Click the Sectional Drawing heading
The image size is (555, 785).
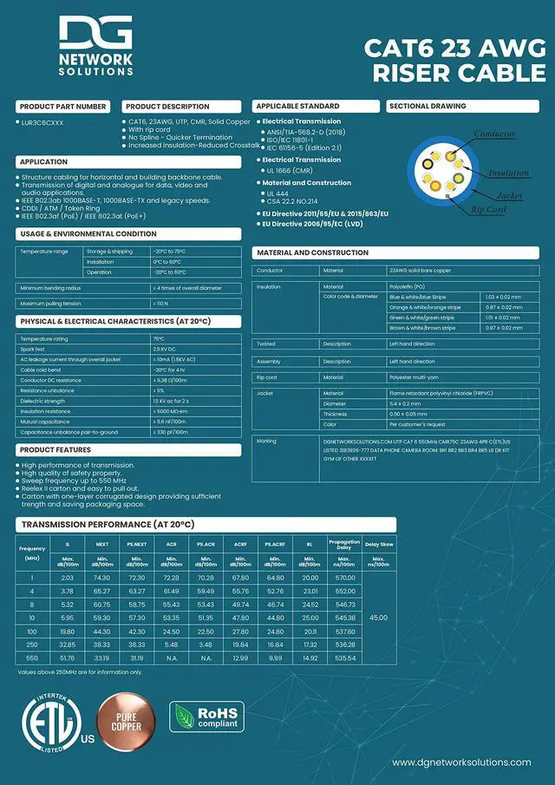(x=428, y=106)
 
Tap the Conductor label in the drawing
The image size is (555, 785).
(x=494, y=134)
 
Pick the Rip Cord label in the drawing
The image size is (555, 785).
(x=488, y=210)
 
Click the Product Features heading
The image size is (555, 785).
(x=55, y=450)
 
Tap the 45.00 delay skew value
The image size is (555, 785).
(x=379, y=618)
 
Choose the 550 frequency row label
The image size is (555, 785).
(x=32, y=658)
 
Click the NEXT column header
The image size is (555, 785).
(x=101, y=544)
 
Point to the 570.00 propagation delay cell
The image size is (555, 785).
(x=344, y=578)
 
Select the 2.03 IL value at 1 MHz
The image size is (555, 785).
(x=67, y=578)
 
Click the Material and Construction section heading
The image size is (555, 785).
(x=312, y=252)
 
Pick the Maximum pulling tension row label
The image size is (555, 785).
(x=50, y=304)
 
